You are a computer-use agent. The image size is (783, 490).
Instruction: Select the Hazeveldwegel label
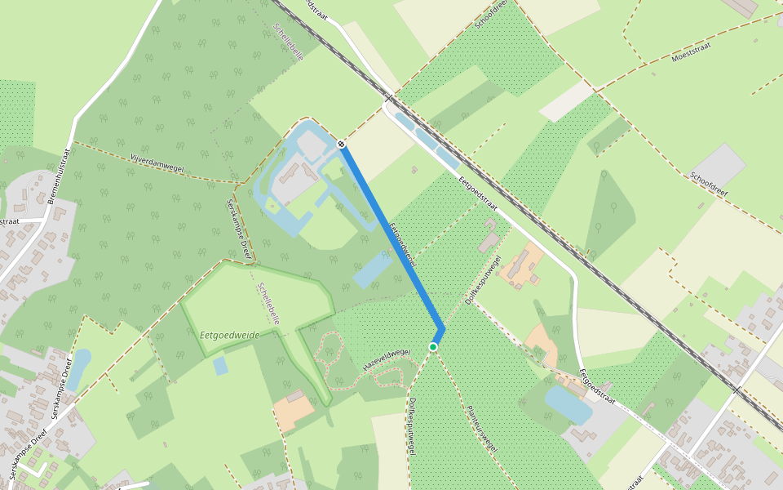click(387, 357)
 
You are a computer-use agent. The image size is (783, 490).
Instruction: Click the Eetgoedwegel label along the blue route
click(403, 245)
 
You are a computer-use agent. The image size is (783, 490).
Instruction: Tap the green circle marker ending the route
click(433, 347)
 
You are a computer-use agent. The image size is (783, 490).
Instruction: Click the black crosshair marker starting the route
click(341, 145)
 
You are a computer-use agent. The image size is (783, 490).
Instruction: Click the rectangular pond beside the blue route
click(372, 269)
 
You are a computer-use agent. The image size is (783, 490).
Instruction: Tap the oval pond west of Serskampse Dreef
click(79, 369)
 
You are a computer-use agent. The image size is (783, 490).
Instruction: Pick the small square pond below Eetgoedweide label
click(220, 365)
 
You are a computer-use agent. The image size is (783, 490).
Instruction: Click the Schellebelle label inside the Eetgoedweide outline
click(268, 304)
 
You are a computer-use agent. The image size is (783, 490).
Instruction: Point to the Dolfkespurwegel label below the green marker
click(411, 425)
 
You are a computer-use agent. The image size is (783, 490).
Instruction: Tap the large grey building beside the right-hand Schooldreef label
click(719, 166)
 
